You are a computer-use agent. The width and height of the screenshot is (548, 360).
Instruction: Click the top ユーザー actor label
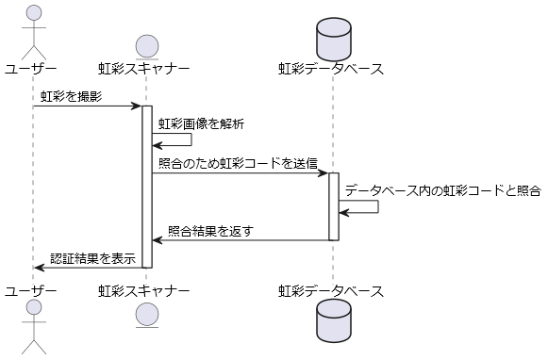(x=30, y=69)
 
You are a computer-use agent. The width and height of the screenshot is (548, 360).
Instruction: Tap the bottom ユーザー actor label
(x=30, y=291)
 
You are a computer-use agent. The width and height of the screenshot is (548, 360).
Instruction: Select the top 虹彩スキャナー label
(x=144, y=69)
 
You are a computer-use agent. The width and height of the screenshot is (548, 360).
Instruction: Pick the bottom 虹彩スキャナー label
(x=144, y=291)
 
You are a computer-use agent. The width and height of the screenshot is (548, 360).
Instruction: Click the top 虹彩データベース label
(x=331, y=69)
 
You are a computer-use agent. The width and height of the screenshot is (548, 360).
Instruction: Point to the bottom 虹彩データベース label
(x=331, y=291)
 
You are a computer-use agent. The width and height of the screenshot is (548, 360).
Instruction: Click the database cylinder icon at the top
(x=334, y=40)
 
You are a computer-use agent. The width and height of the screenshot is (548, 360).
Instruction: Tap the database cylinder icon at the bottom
(x=334, y=320)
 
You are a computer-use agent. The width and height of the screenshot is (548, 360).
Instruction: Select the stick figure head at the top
(x=34, y=12)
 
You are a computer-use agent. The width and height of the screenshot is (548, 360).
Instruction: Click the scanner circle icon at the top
(x=147, y=46)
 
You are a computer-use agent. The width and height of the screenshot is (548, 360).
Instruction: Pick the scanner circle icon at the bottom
(x=147, y=315)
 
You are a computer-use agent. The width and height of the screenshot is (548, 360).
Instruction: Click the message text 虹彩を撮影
(x=72, y=96)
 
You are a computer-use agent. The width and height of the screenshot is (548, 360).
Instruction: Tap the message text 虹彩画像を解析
(x=201, y=123)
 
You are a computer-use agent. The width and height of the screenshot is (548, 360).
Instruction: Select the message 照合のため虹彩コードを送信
(x=238, y=163)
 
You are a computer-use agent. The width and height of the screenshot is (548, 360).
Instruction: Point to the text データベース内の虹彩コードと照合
(x=443, y=190)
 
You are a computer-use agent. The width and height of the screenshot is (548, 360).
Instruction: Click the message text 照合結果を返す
(x=210, y=231)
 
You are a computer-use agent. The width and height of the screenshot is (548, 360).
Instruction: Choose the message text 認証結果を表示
(x=93, y=258)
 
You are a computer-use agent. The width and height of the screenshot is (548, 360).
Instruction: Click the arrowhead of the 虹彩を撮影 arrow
(x=137, y=106)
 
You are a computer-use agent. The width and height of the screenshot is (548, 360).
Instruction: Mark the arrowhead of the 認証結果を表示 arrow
(x=39, y=268)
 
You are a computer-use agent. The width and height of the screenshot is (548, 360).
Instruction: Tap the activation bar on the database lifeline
(x=334, y=206)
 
